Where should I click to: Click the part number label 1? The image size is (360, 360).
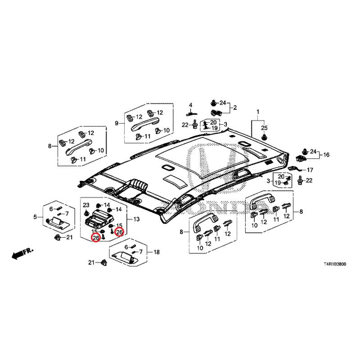(x=258, y=112)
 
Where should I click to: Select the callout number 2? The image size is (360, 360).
(x=234, y=108)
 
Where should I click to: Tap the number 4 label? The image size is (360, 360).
(x=190, y=105)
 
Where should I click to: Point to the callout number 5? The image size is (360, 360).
(x=35, y=218)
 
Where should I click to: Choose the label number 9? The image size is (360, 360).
(x=117, y=123)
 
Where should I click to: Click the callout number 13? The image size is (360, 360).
(x=137, y=219)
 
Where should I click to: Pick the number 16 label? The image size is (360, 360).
(x=326, y=155)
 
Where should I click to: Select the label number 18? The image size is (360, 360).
(x=157, y=252)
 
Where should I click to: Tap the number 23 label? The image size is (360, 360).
(x=86, y=205)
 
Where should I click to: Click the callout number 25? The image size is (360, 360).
(x=265, y=127)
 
